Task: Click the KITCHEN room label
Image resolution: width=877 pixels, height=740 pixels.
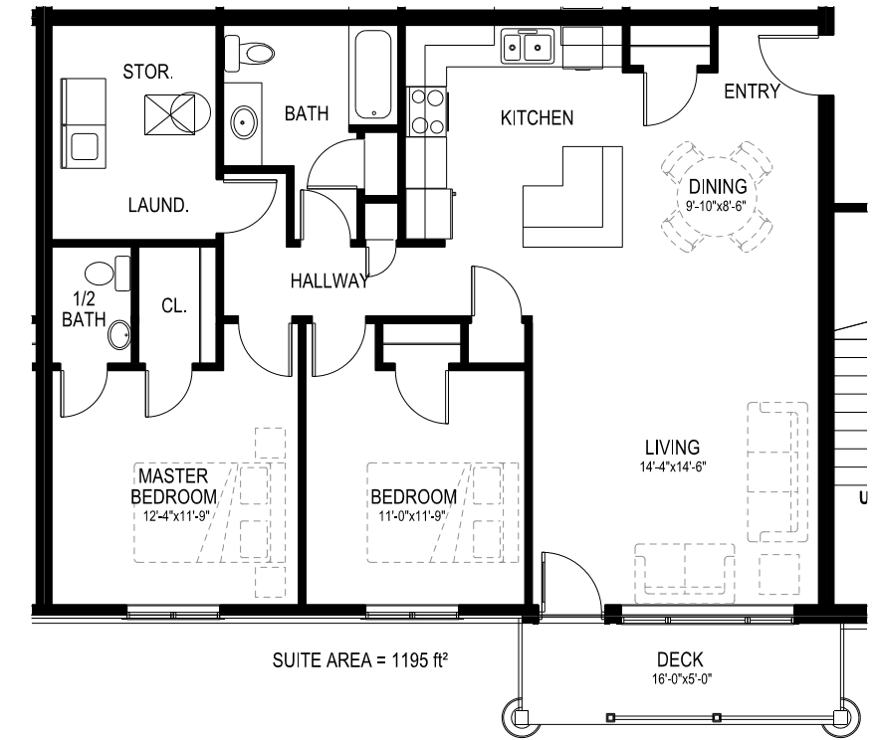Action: [x=537, y=118]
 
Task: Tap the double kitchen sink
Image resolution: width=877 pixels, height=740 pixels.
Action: [x=528, y=47]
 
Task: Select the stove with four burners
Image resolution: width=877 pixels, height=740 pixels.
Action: [x=427, y=111]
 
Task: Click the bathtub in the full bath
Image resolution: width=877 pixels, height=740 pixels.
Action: [x=373, y=75]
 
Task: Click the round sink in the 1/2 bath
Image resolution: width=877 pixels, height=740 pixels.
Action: [x=119, y=335]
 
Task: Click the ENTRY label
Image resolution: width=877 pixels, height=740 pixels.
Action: [x=752, y=92]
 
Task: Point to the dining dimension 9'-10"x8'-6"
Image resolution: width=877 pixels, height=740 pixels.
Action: [x=717, y=206]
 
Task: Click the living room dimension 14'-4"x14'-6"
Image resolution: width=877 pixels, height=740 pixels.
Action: [x=673, y=466]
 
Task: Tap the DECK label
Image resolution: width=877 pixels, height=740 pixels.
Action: [x=680, y=660]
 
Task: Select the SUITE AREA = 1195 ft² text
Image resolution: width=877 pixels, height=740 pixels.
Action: [x=359, y=660]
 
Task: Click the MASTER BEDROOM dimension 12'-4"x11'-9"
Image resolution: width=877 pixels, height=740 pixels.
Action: [x=176, y=515]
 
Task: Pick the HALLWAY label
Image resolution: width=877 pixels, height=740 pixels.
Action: [x=329, y=280]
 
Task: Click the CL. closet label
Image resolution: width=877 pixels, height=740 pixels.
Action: [x=174, y=305]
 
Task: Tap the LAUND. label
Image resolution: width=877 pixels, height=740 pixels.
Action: [x=158, y=205]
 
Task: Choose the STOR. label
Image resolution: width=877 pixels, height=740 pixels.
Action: [x=147, y=72]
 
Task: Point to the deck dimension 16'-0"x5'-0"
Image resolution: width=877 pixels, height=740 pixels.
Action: [x=682, y=679]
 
